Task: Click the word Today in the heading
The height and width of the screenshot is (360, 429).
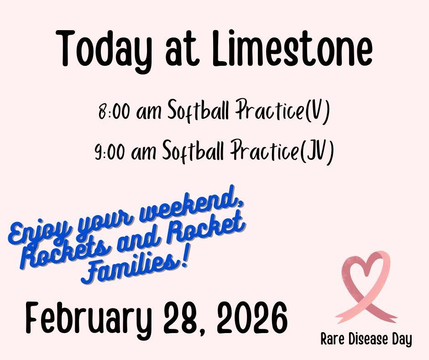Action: point(104,51)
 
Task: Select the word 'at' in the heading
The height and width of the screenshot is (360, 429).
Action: point(182,51)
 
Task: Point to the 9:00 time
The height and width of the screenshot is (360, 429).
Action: point(110,152)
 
